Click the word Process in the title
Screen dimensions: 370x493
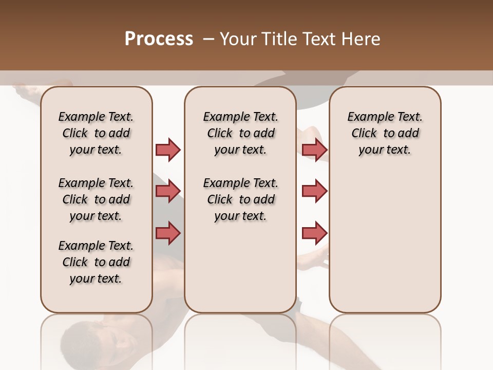click(x=159, y=39)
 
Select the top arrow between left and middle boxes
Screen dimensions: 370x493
click(x=168, y=150)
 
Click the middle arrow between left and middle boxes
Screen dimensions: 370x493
click(x=168, y=191)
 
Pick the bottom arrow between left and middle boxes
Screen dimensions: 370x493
click(x=168, y=233)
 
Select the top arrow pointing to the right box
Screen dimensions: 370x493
click(x=314, y=150)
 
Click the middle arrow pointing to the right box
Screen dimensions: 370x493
click(x=314, y=191)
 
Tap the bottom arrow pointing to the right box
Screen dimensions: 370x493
click(x=314, y=233)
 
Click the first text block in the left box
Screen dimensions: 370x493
click(x=96, y=133)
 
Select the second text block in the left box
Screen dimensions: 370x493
click(x=96, y=199)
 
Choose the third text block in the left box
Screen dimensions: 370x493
click(x=96, y=262)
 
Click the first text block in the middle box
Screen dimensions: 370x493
click(x=240, y=133)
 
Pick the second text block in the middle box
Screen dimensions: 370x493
click(x=240, y=199)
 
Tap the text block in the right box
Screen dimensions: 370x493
click(x=385, y=133)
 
